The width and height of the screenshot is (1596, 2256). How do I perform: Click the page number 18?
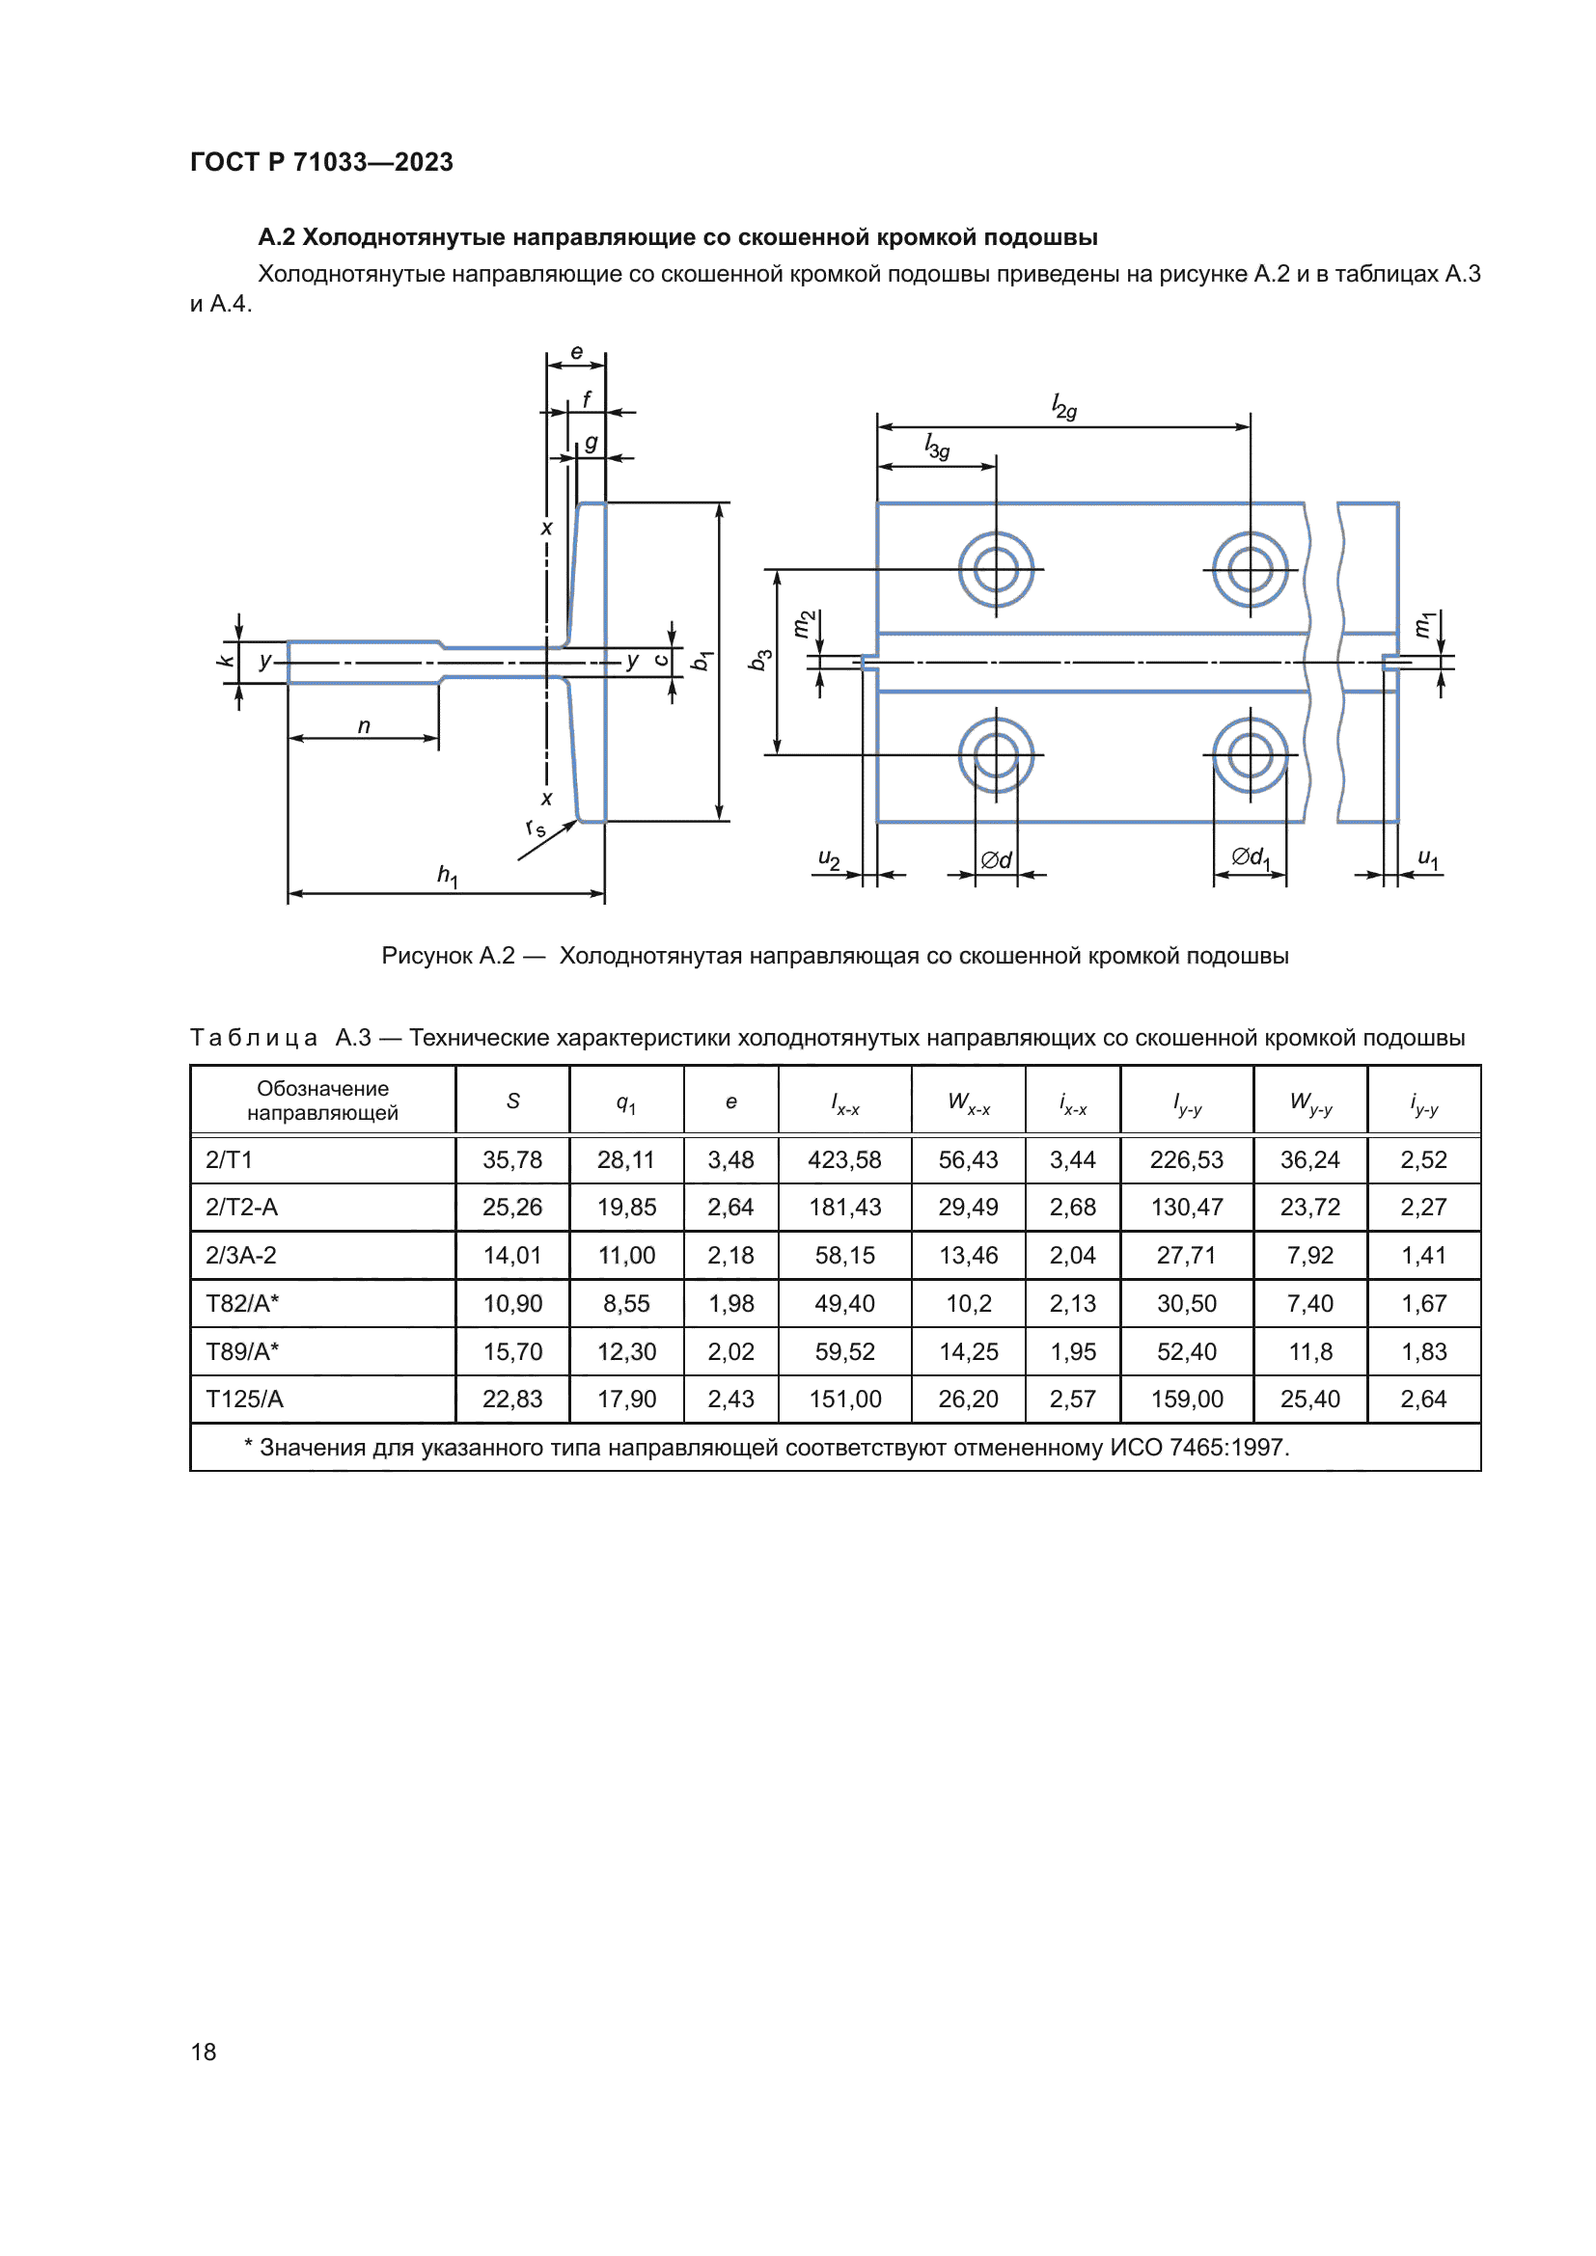204,2052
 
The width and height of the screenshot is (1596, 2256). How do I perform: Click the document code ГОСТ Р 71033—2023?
321,162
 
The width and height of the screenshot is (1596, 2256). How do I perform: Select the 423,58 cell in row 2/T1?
844,1159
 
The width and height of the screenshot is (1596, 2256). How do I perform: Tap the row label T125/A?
245,1399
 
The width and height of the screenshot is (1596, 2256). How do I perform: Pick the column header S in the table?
512,1101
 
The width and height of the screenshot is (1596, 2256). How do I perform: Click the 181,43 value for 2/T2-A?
844,1207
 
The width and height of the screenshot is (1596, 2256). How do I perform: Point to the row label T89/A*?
243,1351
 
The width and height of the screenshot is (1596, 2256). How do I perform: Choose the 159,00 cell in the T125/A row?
1186,1399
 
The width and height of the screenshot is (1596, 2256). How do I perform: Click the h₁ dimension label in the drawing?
447,875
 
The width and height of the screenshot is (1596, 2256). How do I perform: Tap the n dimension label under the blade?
364,726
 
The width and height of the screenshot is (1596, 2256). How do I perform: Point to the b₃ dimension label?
759,660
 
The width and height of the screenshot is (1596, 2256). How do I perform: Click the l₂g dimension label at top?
1064,406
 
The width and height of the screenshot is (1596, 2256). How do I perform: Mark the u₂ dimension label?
829,859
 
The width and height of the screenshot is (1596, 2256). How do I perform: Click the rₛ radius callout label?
536,828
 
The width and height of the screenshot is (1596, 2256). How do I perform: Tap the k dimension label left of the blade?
225,661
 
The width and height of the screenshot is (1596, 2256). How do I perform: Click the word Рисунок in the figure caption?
448,955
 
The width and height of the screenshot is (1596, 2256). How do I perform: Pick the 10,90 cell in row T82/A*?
512,1303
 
